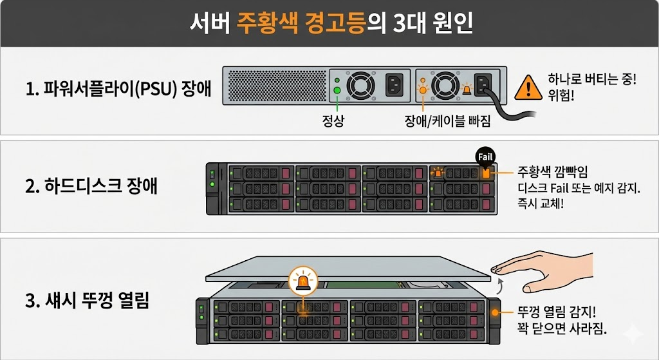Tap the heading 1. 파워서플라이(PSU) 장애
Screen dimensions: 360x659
click(x=118, y=89)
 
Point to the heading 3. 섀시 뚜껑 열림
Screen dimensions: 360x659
click(x=88, y=300)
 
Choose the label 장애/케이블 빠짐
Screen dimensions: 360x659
click(x=443, y=120)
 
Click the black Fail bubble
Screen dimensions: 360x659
click(x=485, y=156)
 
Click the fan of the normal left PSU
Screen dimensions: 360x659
click(x=359, y=85)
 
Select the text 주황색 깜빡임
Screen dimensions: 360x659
click(x=553, y=172)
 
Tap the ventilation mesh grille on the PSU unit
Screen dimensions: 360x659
click(x=275, y=85)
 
